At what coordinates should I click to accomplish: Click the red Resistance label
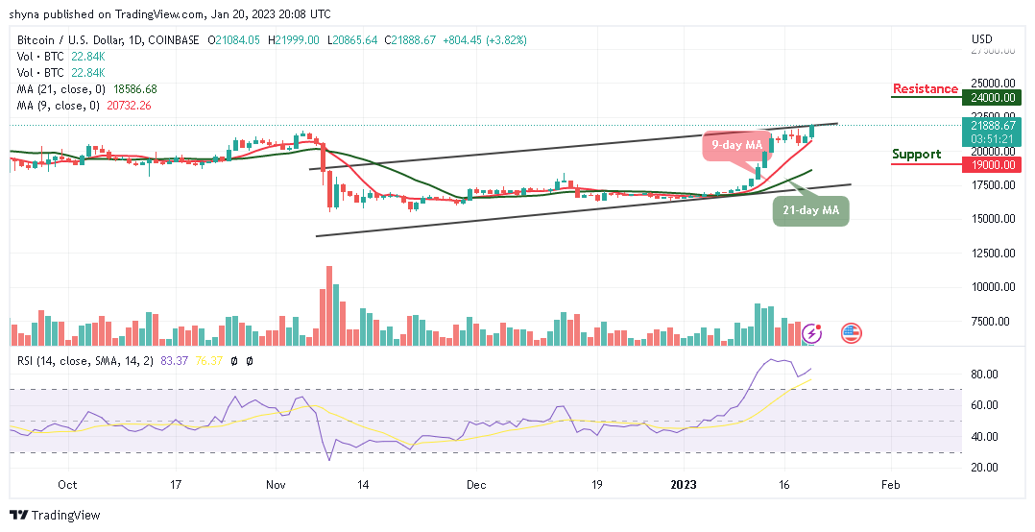click(925, 89)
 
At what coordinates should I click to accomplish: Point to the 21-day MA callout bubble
click(811, 210)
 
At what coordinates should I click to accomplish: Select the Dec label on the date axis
click(477, 486)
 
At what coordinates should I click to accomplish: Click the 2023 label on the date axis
click(684, 486)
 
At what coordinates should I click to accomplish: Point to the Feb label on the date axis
click(890, 486)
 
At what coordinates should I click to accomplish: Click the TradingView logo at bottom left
click(55, 516)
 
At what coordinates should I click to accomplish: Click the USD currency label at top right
click(982, 39)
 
